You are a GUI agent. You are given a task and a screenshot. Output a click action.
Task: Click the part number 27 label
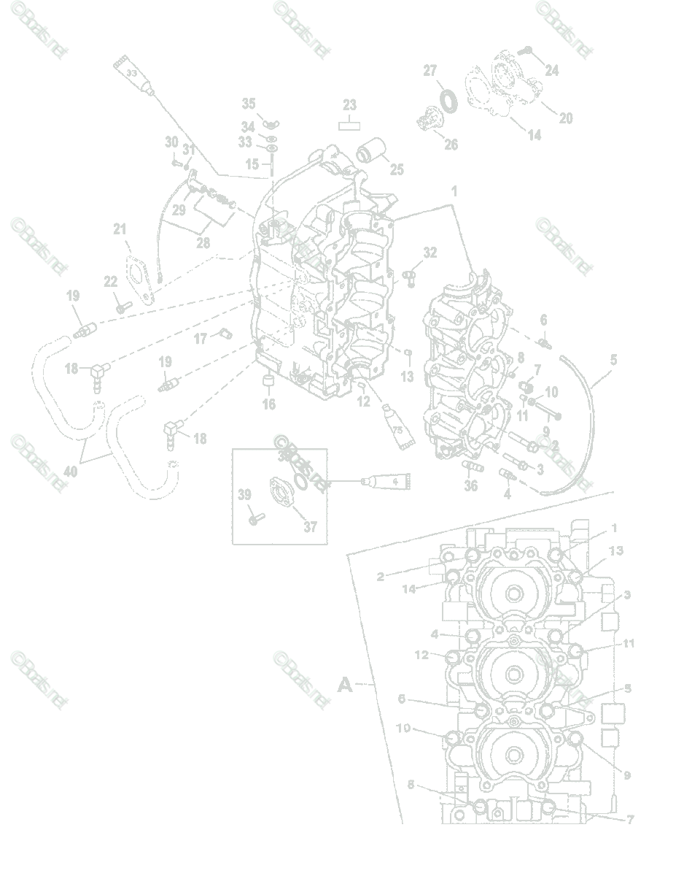click(x=430, y=71)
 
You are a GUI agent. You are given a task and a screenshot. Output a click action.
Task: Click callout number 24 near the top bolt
click(x=551, y=70)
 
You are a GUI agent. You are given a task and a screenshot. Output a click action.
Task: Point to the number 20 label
click(x=566, y=118)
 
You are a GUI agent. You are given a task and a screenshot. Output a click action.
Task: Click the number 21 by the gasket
click(x=120, y=229)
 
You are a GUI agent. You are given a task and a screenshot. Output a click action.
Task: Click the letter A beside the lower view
click(x=345, y=685)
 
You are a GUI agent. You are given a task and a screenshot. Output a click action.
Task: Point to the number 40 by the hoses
click(x=70, y=472)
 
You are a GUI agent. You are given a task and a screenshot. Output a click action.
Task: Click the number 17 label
click(x=201, y=339)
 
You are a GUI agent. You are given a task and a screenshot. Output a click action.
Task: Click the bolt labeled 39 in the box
click(x=254, y=517)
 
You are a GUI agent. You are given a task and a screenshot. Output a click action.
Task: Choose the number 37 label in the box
click(x=310, y=526)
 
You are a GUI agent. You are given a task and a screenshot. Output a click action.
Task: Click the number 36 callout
click(x=471, y=485)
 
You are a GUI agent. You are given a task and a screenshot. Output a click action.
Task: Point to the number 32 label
click(x=430, y=253)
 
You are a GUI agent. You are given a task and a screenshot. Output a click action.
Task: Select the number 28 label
click(x=202, y=242)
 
